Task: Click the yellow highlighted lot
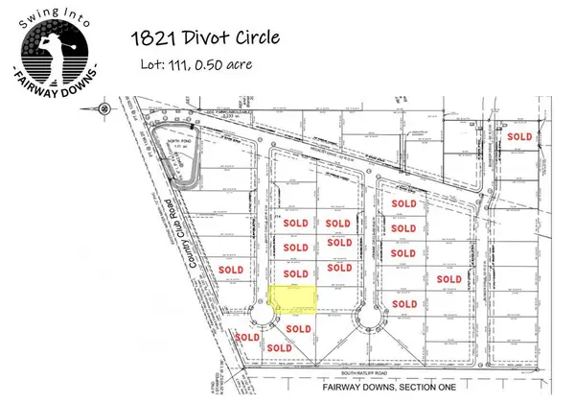coord(292,298)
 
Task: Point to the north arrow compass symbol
coord(103,108)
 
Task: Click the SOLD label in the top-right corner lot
coord(519,136)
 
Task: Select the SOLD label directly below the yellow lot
coord(298,329)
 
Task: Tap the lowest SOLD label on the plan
coord(279,347)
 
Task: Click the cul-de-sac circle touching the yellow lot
coord(258,317)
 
